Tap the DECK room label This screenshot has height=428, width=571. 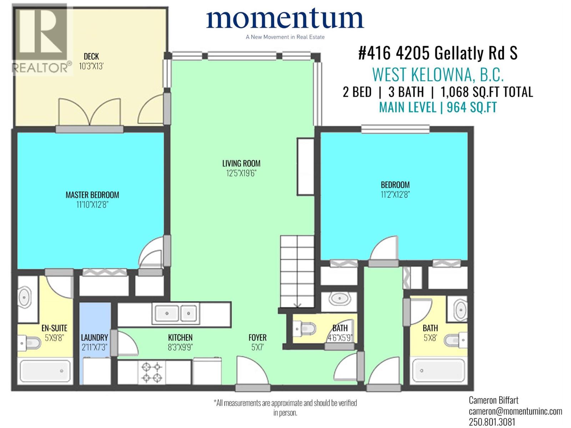coord(91,56)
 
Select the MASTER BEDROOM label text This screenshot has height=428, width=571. coord(92,195)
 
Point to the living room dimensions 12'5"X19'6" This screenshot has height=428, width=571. coord(241,173)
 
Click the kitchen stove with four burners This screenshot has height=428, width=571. coord(152,372)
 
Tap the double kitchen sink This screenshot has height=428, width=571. coord(175,314)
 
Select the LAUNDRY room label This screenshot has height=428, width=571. coord(94,337)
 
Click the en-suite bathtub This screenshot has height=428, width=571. coord(45,371)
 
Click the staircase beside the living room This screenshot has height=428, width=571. coord(297,271)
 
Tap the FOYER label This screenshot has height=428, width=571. coord(257,337)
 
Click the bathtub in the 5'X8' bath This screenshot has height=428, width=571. coord(439,371)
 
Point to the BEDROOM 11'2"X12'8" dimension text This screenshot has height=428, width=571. coord(395,194)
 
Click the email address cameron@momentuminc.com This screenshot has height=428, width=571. coord(515,411)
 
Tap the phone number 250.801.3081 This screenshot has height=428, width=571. coord(492,422)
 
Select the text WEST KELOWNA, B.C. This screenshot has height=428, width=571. coord(438,75)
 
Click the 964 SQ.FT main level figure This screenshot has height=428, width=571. coord(471,107)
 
